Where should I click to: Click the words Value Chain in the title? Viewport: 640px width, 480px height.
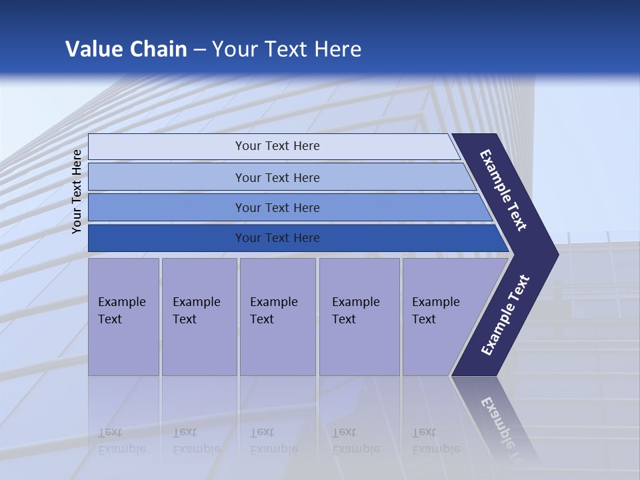[x=126, y=49]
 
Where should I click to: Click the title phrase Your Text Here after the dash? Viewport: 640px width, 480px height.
[x=287, y=49]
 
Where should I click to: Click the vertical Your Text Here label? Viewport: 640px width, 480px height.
[x=77, y=191]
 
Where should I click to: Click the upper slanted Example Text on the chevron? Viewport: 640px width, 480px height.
[x=503, y=190]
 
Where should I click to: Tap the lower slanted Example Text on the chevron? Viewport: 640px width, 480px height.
[x=505, y=315]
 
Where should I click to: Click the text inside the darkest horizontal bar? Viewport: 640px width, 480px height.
[x=277, y=238]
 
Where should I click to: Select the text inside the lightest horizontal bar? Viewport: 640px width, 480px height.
[x=277, y=146]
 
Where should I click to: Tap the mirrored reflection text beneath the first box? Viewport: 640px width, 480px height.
[x=121, y=441]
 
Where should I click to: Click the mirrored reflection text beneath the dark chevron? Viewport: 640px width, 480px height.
[x=503, y=427]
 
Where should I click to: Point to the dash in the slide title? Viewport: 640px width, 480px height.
[x=199, y=50]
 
